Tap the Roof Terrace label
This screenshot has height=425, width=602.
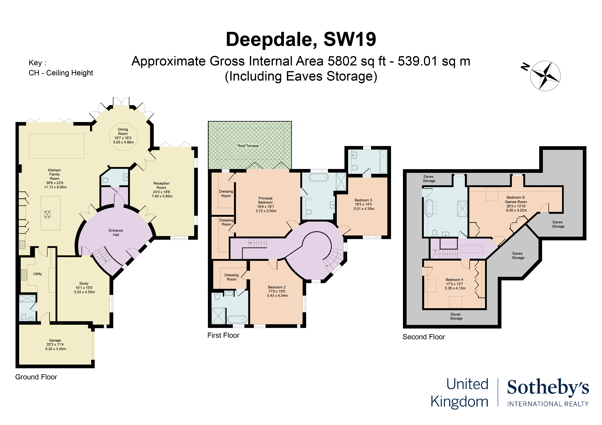coord(248,146)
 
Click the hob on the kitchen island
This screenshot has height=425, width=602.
coord(47,214)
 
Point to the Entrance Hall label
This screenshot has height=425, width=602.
coord(116,233)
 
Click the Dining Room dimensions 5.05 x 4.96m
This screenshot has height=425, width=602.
coord(123,142)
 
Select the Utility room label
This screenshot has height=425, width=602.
coord(37,274)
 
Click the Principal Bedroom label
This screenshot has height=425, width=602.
coord(265,200)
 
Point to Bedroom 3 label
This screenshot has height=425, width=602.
coord(363,200)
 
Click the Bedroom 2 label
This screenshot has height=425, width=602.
coord(277,287)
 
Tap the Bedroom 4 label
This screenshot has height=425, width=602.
coord(454,280)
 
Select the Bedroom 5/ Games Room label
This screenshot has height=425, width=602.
coord(516,199)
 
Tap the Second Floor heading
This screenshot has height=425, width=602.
coord(424,337)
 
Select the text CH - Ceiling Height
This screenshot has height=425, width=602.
coord(61,73)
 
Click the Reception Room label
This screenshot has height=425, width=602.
coord(161,185)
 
